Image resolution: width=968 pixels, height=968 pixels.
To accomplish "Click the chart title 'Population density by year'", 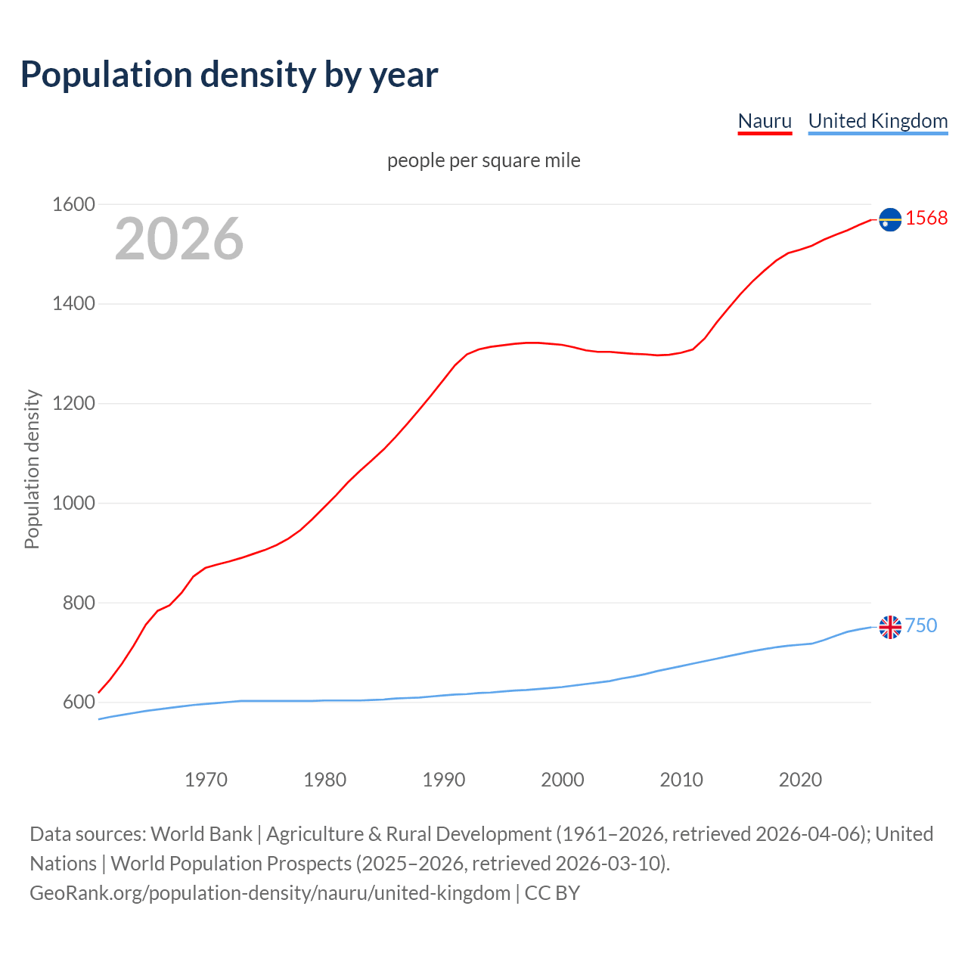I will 229,74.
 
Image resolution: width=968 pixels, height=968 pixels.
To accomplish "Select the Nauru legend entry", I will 765,121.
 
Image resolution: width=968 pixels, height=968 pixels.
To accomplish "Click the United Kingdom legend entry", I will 877,121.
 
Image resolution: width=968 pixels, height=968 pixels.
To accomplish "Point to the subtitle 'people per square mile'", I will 484,160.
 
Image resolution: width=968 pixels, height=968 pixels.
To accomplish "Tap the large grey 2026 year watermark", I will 179,239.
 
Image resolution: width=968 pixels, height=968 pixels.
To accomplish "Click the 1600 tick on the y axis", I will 73,204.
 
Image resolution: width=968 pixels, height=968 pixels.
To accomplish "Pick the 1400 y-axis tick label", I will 73,304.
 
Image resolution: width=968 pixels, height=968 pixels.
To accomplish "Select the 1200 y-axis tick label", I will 73,404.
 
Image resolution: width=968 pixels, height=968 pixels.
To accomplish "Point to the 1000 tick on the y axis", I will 73,503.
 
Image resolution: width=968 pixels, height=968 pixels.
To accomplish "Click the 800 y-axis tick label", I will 79,603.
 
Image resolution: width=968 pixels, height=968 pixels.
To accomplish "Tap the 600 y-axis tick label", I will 79,703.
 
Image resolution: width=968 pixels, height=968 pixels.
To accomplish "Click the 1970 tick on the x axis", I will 206,780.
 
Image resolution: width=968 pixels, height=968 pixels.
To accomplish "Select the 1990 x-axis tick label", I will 444,780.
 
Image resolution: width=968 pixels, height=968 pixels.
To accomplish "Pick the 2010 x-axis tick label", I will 681,780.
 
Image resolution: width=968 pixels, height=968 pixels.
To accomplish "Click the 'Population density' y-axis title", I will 32,469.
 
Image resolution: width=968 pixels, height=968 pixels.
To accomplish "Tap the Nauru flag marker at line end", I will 890,219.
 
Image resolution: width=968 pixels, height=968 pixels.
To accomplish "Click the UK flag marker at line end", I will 890,627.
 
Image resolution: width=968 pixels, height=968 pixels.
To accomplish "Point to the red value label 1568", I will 926,218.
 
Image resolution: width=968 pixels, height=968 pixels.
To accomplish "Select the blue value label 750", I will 921,625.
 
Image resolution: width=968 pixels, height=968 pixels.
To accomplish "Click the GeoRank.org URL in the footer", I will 270,893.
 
